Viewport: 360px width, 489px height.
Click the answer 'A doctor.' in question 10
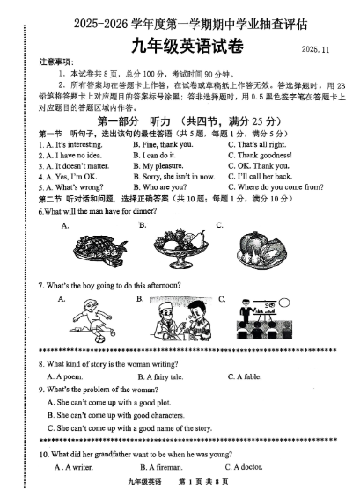click(x=253, y=466)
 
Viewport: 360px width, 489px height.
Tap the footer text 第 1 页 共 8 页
click(x=203, y=482)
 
